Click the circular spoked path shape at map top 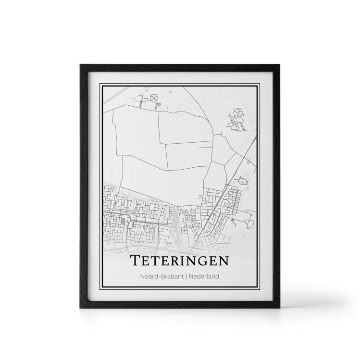point(154,98)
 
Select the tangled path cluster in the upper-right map point(236,119)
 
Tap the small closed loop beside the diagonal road point(242,181)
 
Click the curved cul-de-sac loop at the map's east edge point(250,221)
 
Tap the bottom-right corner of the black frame point(280,307)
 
